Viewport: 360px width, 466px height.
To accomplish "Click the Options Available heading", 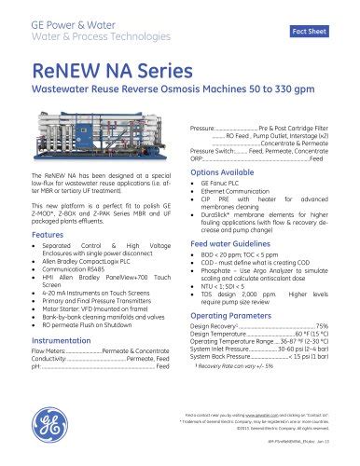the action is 224,174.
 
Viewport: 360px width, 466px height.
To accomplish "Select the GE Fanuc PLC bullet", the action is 221,186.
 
